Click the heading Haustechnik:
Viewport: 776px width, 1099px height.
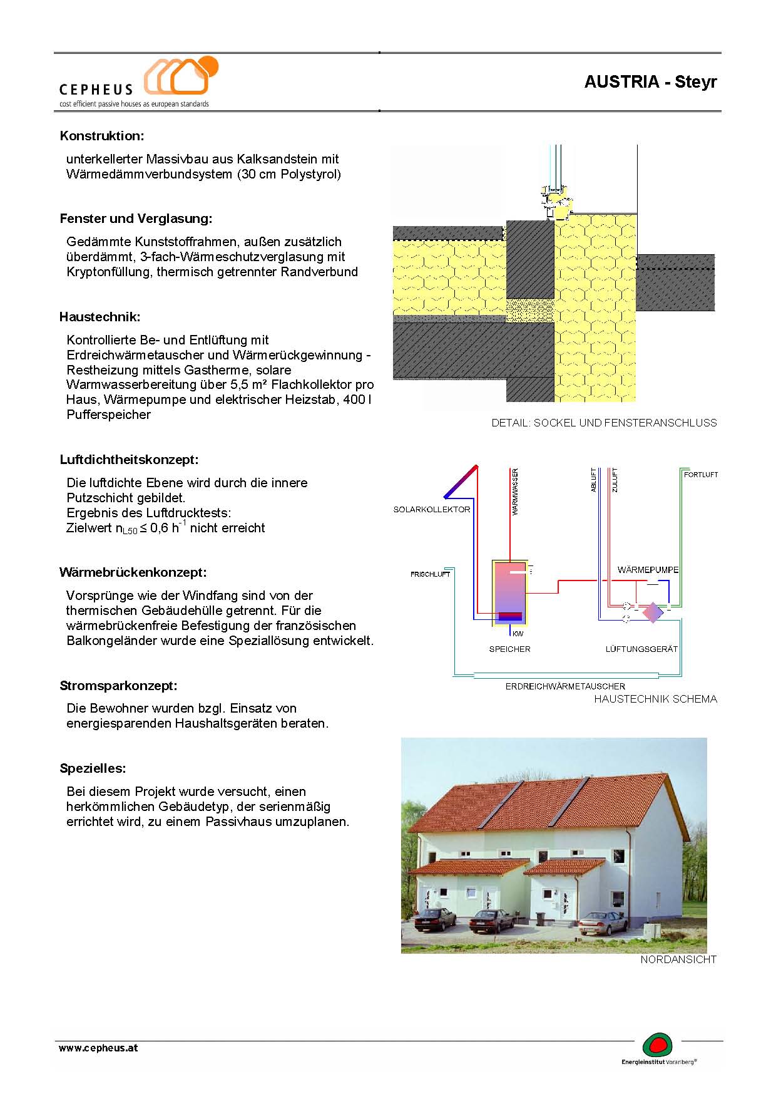(100, 317)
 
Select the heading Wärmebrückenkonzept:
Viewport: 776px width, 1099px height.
(133, 572)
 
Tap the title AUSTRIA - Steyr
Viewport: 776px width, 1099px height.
(650, 82)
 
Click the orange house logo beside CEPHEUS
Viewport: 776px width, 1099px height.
(181, 76)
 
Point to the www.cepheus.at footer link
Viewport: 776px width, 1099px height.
(98, 1048)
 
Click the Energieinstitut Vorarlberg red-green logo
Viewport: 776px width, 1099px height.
(658, 1045)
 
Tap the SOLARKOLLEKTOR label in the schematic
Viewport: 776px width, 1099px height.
(431, 510)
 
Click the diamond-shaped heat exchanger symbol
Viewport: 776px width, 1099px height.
(652, 612)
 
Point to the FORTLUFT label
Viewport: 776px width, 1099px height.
(700, 475)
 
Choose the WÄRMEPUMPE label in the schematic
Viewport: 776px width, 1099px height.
(648, 570)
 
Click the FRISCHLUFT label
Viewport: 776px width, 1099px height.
(430, 574)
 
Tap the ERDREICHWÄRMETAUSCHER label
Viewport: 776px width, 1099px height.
(565, 686)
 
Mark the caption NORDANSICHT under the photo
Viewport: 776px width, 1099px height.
(678, 959)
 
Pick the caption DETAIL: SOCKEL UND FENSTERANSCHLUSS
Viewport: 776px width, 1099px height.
(604, 423)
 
